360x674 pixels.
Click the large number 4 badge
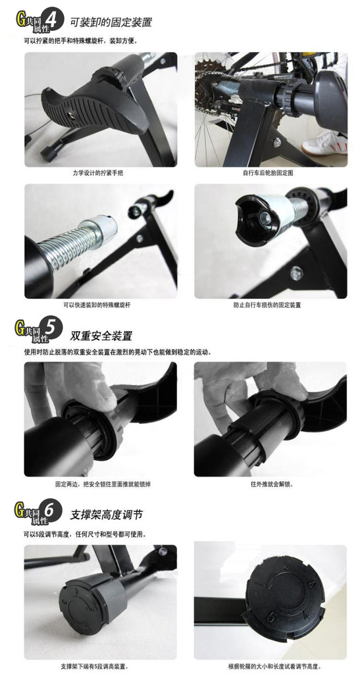pyautogui.click(x=54, y=20)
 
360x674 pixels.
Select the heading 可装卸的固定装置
pyautogui.click(x=111, y=22)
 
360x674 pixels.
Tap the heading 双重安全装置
pyautogui.click(x=101, y=335)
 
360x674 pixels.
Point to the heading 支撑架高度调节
pyautogui.click(x=107, y=515)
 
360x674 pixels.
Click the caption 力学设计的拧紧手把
pyautogui.click(x=101, y=173)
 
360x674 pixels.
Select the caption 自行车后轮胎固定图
pyautogui.click(x=270, y=173)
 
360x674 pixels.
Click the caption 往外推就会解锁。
pyautogui.click(x=272, y=484)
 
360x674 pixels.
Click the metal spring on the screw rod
pyautogui.click(x=74, y=245)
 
